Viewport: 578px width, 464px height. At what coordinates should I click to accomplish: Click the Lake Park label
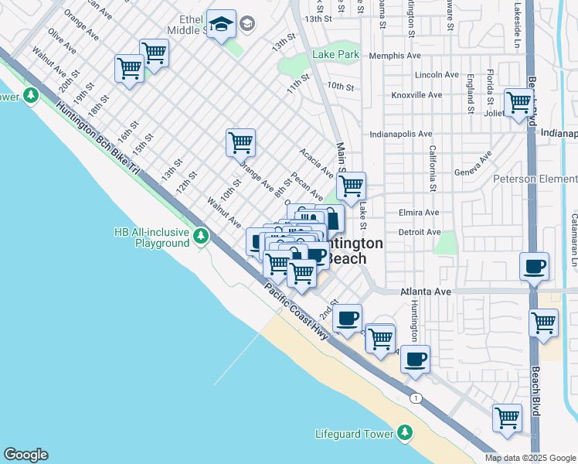(x=335, y=55)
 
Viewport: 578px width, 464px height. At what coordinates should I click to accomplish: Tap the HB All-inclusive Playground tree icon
(x=201, y=235)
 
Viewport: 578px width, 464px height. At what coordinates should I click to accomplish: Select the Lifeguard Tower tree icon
(x=404, y=433)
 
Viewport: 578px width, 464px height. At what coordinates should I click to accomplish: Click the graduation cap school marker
(x=221, y=26)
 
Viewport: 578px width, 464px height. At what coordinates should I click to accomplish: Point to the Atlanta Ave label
(x=424, y=292)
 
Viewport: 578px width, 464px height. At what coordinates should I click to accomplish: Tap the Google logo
(x=25, y=455)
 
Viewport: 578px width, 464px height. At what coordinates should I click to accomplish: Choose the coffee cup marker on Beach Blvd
(x=534, y=267)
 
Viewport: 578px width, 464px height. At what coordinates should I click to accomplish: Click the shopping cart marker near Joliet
(x=518, y=101)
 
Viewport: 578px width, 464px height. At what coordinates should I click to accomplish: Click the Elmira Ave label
(x=420, y=213)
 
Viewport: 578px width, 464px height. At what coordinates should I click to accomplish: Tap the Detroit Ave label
(x=420, y=232)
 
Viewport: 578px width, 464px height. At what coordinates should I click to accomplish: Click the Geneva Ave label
(x=473, y=167)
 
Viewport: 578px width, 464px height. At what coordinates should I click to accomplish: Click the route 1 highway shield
(x=416, y=397)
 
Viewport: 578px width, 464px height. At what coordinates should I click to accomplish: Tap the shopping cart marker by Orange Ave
(x=240, y=142)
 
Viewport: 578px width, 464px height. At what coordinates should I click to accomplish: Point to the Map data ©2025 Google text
(x=530, y=458)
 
